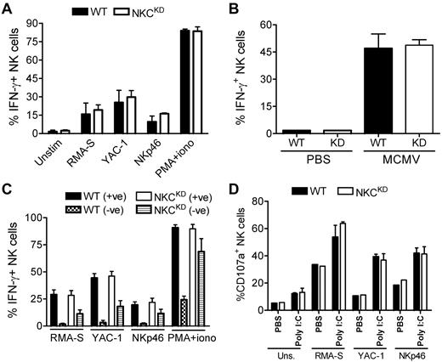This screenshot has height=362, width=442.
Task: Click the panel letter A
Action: point(6,8)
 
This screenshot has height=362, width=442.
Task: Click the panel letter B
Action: point(235,8)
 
